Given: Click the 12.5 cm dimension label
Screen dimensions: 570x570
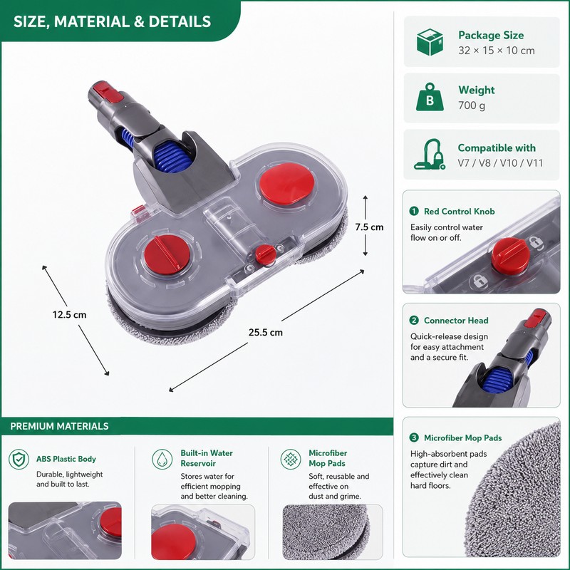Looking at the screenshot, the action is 69,314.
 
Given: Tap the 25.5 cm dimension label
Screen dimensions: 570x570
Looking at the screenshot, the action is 266,332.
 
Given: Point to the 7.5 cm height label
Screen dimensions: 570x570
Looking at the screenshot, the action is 369,227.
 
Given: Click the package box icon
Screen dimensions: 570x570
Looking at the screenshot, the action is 430,42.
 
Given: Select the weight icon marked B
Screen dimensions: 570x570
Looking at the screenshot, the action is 430,97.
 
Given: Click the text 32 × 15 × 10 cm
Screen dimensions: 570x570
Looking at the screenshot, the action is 497,51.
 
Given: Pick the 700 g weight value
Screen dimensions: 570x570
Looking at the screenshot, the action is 472,105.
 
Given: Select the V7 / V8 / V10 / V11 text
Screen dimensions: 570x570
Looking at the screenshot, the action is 501,163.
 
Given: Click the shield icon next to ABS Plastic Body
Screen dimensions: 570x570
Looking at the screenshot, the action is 19,459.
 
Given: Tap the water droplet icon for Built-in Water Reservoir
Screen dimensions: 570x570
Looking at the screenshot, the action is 162,459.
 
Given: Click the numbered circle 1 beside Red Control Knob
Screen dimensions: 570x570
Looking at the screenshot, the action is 414,211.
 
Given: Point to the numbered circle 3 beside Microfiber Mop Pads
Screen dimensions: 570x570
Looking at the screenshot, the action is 414,437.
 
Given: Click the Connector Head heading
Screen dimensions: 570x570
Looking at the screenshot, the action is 456,320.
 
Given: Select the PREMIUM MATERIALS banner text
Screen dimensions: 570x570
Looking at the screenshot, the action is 59,426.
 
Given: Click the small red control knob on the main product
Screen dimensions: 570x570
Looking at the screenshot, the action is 265,254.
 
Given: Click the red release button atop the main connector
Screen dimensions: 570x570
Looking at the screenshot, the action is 109,93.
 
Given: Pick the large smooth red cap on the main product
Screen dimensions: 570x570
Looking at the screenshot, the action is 287,184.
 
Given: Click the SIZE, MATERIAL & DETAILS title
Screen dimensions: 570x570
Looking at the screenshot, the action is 113,21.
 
